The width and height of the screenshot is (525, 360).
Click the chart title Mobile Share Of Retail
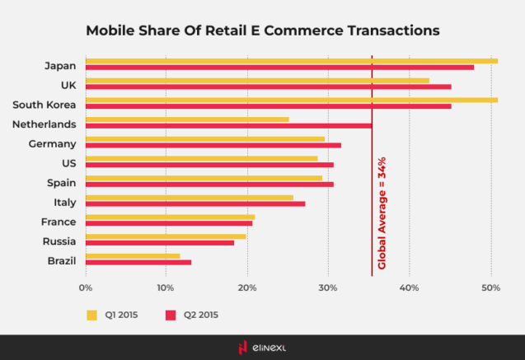click(x=262, y=30)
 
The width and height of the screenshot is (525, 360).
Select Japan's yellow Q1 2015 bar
click(x=291, y=61)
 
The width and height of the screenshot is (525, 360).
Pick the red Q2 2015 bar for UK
click(x=268, y=86)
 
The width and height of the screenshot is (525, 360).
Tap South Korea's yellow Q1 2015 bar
click(x=291, y=100)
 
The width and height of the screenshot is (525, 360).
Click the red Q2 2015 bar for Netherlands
click(x=228, y=126)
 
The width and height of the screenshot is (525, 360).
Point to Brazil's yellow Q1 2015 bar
click(x=132, y=256)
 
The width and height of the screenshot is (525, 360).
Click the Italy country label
click(x=63, y=202)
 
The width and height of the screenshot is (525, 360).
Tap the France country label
click(x=59, y=222)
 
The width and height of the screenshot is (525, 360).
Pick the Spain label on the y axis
click(x=61, y=182)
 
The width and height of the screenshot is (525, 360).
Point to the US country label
click(x=69, y=162)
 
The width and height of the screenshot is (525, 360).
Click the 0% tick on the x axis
click(x=85, y=288)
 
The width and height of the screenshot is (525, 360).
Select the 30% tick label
click(x=328, y=288)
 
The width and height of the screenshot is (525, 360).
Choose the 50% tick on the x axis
click(x=490, y=288)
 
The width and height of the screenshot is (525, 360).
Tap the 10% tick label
click(x=166, y=288)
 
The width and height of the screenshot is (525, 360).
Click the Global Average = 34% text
click(x=382, y=213)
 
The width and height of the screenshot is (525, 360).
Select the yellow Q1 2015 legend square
click(x=92, y=314)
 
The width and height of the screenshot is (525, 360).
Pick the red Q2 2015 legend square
click(x=171, y=314)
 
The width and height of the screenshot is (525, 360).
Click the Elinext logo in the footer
click(x=262, y=347)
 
